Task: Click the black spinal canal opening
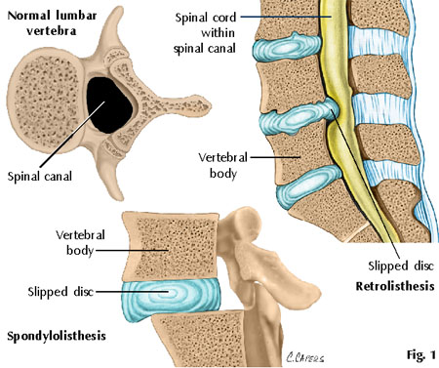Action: click(109, 104)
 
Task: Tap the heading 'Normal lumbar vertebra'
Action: click(52, 23)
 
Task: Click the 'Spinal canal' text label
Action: click(40, 177)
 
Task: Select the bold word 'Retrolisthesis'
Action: click(395, 286)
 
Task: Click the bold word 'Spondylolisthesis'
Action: click(57, 336)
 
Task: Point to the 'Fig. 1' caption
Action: click(421, 354)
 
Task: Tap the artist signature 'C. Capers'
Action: click(305, 357)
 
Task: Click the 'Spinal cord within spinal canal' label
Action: click(205, 33)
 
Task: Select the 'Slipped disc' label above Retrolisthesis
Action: click(401, 266)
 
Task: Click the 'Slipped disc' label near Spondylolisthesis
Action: click(60, 292)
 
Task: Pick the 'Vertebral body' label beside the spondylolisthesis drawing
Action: click(80, 242)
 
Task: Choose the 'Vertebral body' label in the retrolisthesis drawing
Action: click(223, 165)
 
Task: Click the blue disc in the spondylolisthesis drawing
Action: click(171, 300)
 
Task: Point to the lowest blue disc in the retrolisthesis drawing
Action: click(307, 185)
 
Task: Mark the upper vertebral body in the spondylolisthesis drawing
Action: click(171, 246)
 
